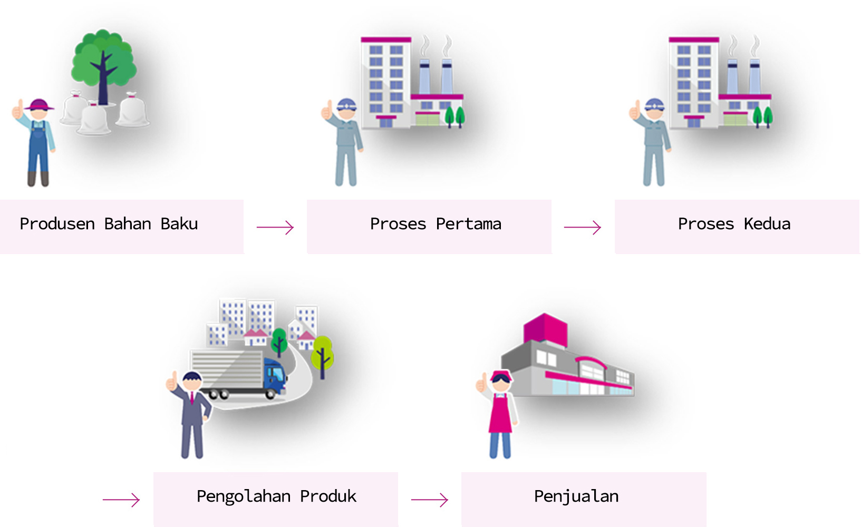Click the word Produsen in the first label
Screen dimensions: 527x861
tap(57, 224)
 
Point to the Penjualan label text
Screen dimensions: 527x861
tap(576, 496)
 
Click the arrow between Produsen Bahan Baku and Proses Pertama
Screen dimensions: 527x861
tap(275, 227)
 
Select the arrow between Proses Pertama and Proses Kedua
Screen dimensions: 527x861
tap(582, 227)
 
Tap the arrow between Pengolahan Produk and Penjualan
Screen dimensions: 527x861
tap(429, 500)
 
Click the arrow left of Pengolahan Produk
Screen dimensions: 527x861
tap(121, 500)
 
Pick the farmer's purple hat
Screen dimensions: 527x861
tap(38, 104)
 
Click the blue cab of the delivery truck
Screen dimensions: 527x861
tap(275, 375)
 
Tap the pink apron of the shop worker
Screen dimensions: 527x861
tap(500, 414)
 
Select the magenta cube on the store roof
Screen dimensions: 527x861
tap(545, 329)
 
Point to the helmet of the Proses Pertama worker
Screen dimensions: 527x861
tap(346, 104)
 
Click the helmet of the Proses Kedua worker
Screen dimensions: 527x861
tap(654, 104)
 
